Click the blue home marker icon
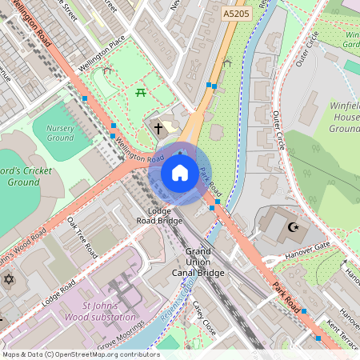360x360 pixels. [x=180, y=172]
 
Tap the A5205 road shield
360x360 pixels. [x=235, y=14]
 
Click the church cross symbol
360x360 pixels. [x=158, y=128]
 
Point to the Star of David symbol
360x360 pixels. [x=9, y=280]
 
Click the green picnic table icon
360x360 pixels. [x=141, y=94]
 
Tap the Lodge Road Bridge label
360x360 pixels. [x=159, y=214]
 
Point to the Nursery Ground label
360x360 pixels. [x=60, y=133]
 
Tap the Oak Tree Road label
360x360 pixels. [x=82, y=237]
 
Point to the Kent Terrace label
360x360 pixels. [x=342, y=330]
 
